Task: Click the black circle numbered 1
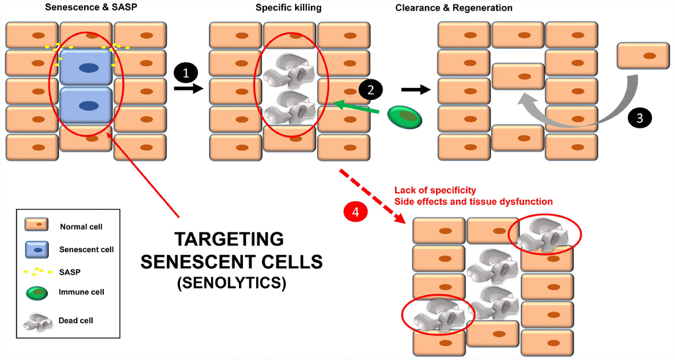(x=186, y=71)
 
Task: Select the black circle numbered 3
(x=639, y=118)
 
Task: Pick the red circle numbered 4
(x=356, y=212)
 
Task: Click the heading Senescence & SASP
(x=85, y=8)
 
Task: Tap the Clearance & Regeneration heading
(x=454, y=8)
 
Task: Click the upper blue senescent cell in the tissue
(x=87, y=67)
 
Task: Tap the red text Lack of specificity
(x=435, y=191)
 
